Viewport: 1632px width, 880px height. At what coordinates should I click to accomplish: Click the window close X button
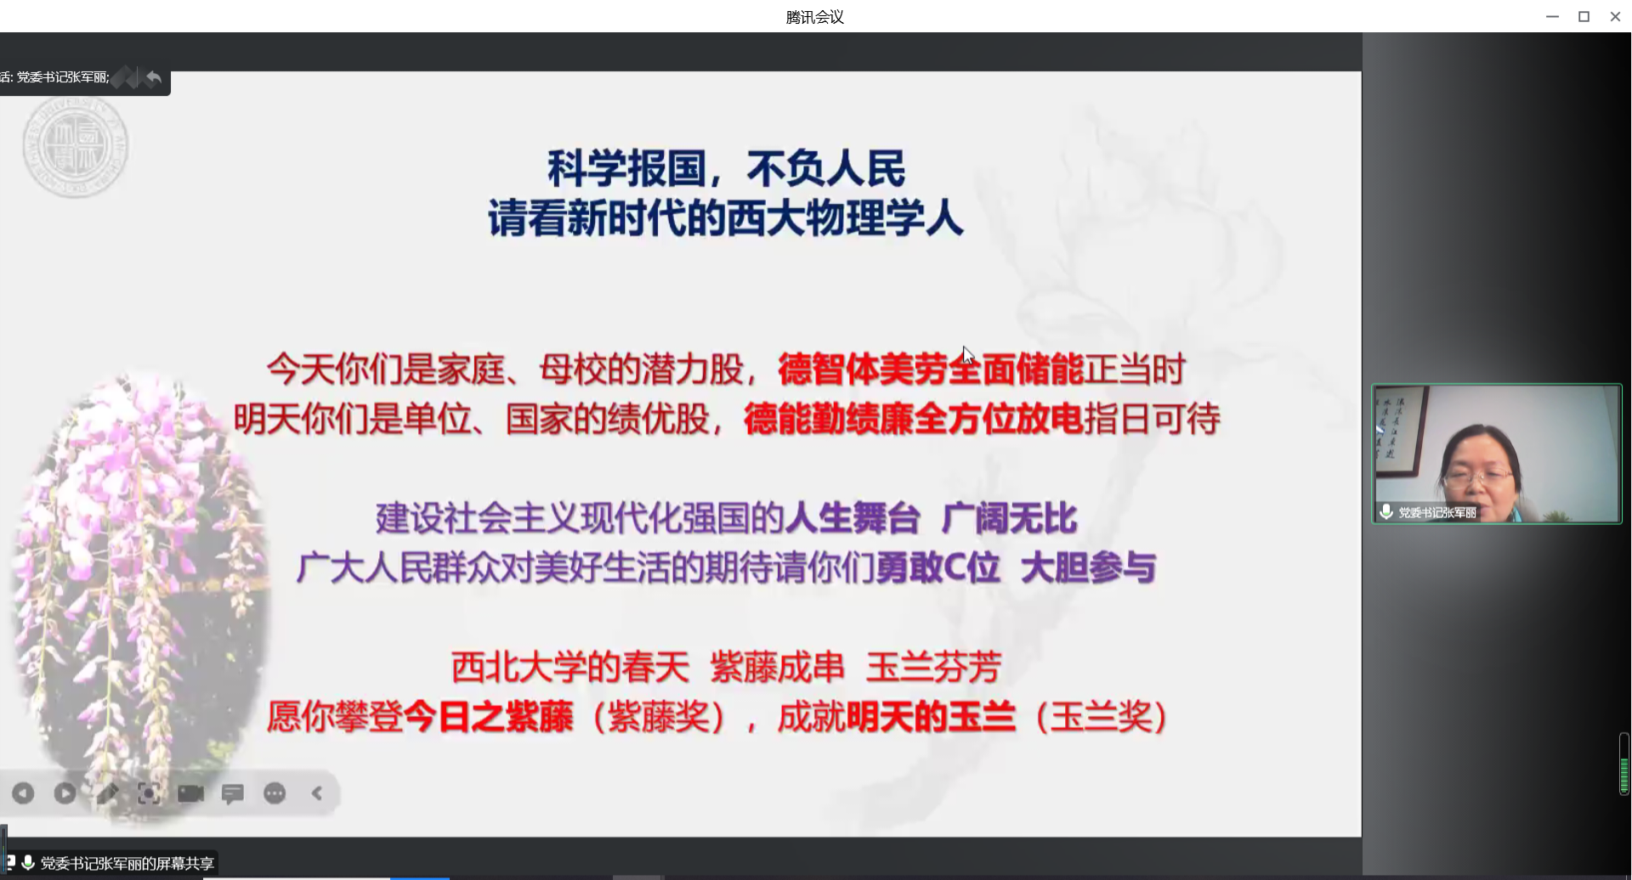(1615, 16)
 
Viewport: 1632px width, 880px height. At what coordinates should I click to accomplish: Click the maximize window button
(1584, 16)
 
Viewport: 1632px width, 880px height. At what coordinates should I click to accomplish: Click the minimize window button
(1552, 16)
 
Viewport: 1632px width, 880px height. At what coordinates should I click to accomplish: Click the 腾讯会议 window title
(815, 17)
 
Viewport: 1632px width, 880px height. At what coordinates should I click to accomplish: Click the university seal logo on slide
(76, 147)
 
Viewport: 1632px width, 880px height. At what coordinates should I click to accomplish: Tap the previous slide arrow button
(23, 793)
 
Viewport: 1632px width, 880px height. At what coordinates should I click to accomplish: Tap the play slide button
(65, 793)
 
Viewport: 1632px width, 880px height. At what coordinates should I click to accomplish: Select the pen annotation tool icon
(107, 793)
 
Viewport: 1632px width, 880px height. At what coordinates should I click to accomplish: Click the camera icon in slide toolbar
(190, 793)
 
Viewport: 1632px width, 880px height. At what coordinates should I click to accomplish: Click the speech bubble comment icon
(232, 793)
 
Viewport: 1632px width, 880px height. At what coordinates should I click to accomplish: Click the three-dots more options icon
(275, 793)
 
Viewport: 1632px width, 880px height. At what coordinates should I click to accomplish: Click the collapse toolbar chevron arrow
(317, 793)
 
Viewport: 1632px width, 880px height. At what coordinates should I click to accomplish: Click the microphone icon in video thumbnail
(1385, 511)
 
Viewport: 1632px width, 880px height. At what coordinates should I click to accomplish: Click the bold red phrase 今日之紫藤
(488, 717)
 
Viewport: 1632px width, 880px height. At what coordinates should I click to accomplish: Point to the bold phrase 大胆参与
(1088, 568)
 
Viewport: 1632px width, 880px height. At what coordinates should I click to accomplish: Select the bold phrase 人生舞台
(853, 518)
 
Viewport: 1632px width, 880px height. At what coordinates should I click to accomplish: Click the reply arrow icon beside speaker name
(153, 78)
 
